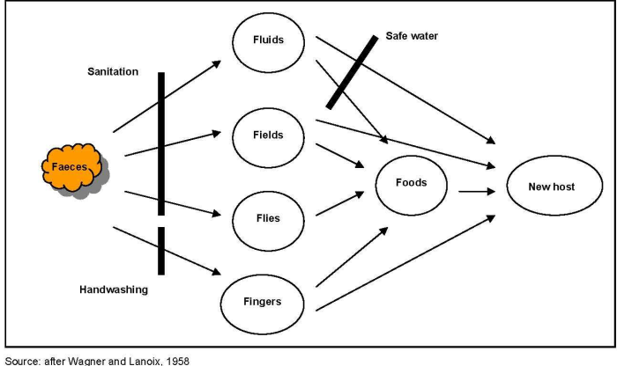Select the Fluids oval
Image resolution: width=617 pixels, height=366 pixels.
(268, 42)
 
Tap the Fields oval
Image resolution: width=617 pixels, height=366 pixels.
(268, 135)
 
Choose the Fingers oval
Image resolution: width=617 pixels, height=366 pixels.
(262, 302)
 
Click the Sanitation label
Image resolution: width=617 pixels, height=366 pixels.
(113, 72)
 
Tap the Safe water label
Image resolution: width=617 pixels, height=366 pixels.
(412, 36)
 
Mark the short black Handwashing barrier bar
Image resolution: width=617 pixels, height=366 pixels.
(161, 251)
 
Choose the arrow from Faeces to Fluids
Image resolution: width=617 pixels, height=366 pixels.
(167, 97)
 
